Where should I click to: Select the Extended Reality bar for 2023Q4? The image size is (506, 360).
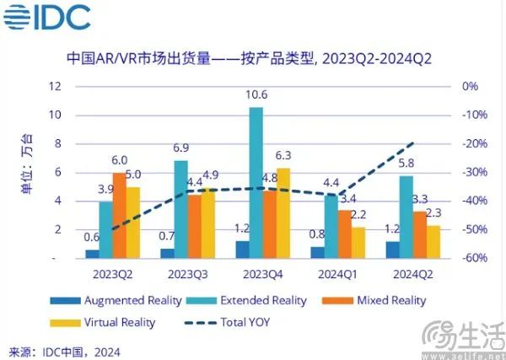point(256,182)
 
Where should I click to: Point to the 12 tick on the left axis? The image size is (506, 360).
point(56,86)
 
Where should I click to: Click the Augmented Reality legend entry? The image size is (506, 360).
point(127,300)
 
